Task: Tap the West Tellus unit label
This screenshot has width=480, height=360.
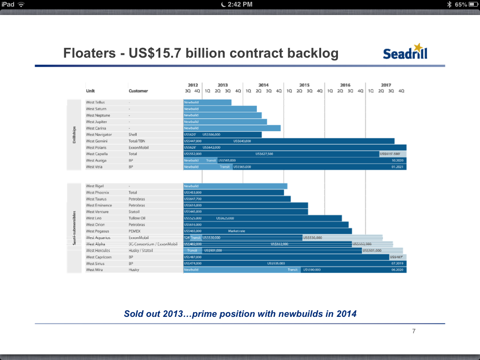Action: click(x=95, y=102)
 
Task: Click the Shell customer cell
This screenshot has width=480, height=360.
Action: click(x=133, y=135)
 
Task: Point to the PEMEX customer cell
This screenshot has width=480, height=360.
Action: click(x=135, y=231)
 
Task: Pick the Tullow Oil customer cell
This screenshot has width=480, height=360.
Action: click(x=137, y=218)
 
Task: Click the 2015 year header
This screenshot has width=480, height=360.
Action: click(x=304, y=85)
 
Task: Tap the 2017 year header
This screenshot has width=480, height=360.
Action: click(x=386, y=85)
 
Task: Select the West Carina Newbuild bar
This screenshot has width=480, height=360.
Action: click(x=232, y=128)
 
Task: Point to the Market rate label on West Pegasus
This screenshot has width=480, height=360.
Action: click(x=237, y=231)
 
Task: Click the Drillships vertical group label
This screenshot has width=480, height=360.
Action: click(x=74, y=135)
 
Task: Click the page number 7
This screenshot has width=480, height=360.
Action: click(x=413, y=331)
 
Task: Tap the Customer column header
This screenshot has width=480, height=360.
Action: click(x=138, y=91)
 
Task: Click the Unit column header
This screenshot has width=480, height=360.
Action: click(x=90, y=91)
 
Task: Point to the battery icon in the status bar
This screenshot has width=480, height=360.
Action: click(x=472, y=4)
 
